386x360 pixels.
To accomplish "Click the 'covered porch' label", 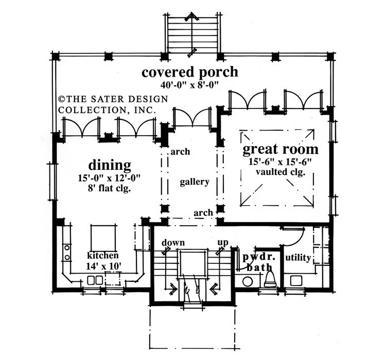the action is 190,73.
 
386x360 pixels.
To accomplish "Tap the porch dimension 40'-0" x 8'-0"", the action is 190,85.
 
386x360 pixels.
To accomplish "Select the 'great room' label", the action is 280,149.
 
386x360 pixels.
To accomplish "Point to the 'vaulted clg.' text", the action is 280,172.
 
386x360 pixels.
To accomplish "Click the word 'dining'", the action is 110,166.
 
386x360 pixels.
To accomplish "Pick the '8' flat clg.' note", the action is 109,188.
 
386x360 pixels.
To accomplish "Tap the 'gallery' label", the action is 195,182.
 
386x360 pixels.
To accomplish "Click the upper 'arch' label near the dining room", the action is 180,152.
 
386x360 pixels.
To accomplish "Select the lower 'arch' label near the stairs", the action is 203,213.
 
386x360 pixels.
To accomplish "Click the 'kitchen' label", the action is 103,256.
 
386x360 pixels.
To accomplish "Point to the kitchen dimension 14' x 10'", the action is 103,266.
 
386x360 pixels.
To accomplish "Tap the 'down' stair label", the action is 173,243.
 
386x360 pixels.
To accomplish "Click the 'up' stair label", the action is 223,243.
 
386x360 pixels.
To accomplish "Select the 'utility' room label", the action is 298,258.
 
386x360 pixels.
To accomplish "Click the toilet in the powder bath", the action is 270,279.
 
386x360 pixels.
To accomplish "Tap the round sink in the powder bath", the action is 248,281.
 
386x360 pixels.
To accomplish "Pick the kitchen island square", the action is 103,238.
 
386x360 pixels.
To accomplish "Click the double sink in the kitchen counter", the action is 95,280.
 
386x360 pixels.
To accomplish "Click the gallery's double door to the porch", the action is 192,117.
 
